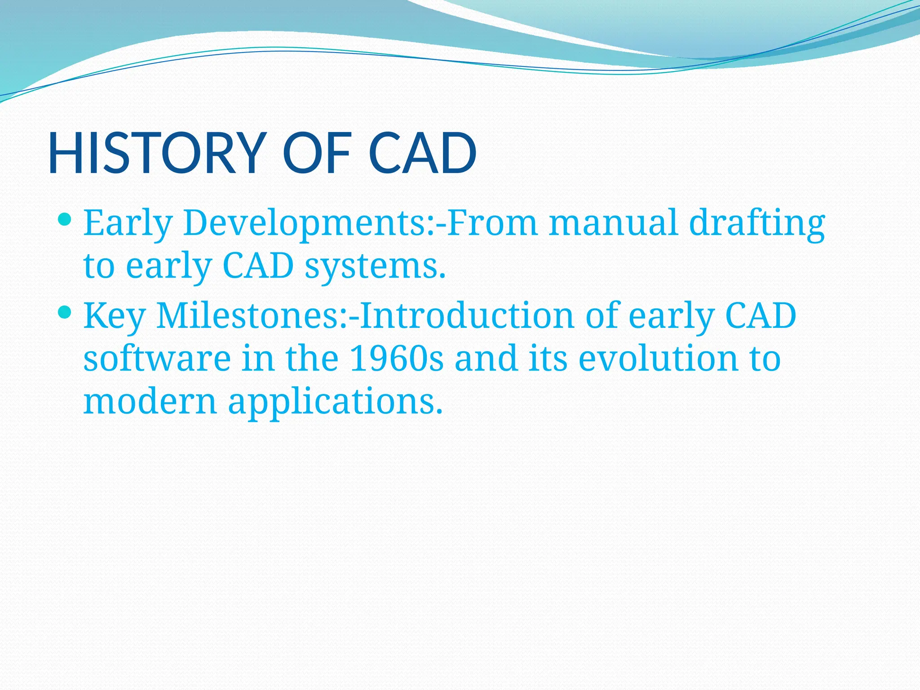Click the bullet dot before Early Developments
coord(65,220)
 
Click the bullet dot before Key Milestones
coord(65,312)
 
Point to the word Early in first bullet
coord(128,223)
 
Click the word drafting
coord(757,223)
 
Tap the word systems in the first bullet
coord(375,266)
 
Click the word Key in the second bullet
coord(115,316)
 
